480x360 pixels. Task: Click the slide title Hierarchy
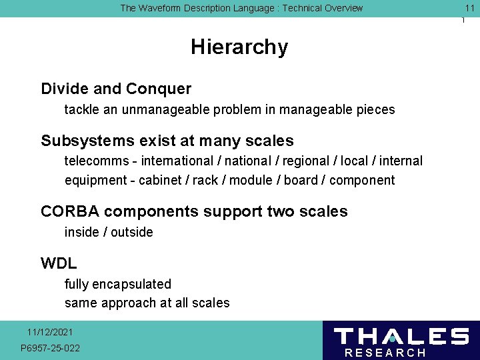[239, 47]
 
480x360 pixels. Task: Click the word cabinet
[161, 180]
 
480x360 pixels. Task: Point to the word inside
[82, 232]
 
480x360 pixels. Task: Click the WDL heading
[59, 263]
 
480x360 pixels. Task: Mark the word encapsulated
[129, 284]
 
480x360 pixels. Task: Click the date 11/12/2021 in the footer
[51, 332]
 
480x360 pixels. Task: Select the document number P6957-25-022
[51, 348]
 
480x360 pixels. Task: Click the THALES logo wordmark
[401, 336]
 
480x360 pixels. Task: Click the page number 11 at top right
[469, 8]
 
